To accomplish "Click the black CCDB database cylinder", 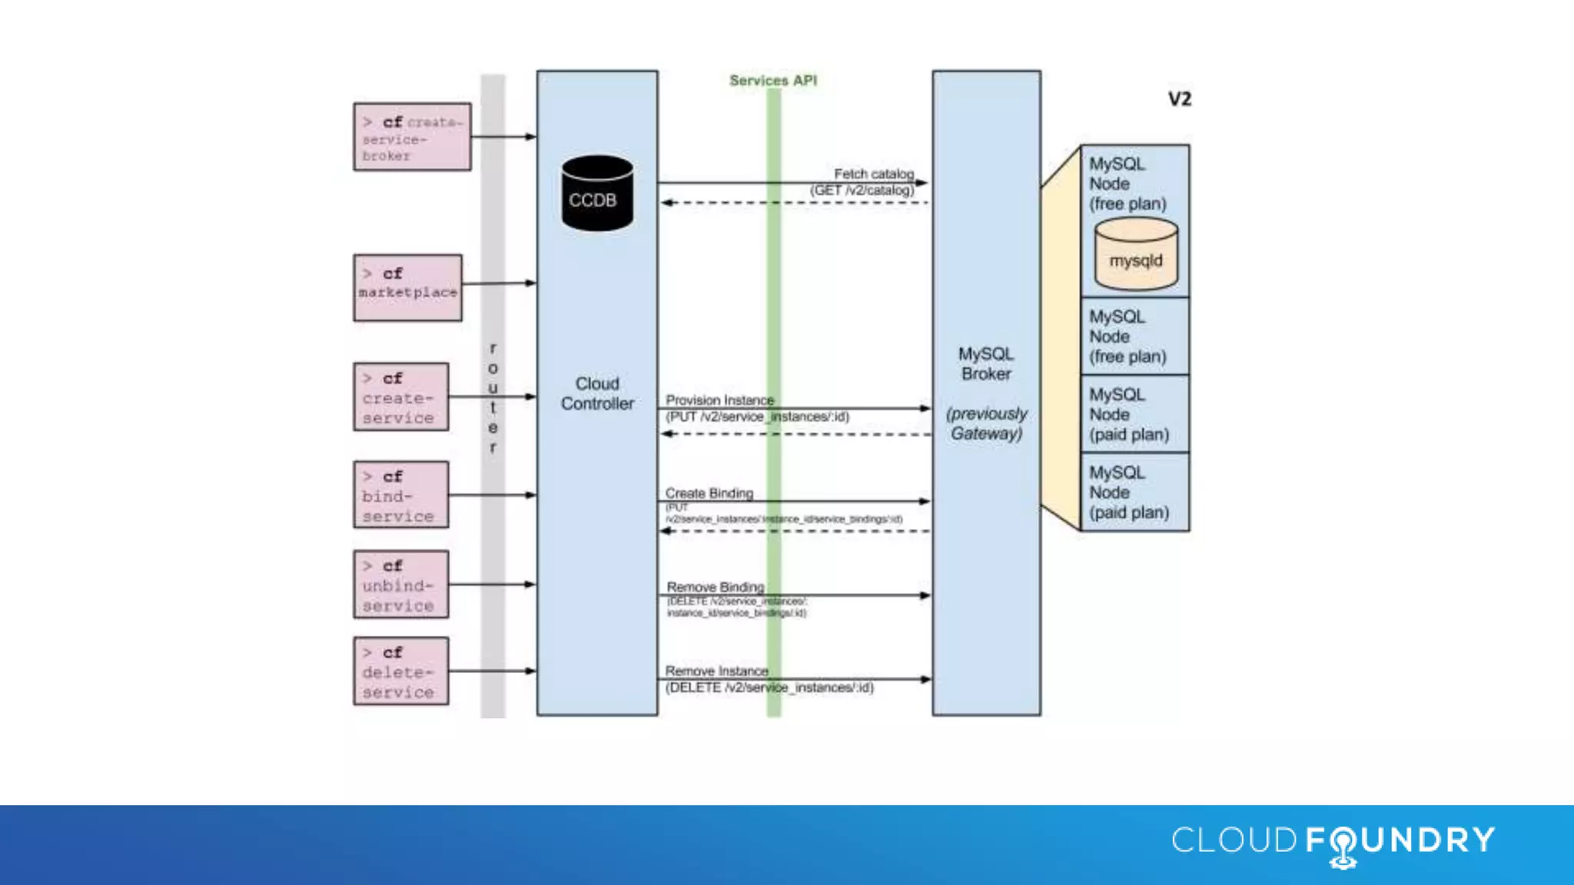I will pos(597,194).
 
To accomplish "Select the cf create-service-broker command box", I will pos(413,137).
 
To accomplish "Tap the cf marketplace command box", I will pos(408,287).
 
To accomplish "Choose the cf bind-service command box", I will pos(401,495).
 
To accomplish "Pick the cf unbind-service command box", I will pos(401,585).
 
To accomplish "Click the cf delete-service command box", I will pos(401,671).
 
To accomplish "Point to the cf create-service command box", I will pos(401,397).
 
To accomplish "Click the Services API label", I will pos(773,81).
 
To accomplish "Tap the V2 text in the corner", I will pos(1179,99).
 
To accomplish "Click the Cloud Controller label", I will pos(597,393).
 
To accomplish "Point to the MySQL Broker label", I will pos(986,364).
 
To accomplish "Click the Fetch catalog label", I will pos(874,174).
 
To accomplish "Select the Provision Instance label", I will pos(719,400).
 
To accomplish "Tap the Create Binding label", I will pos(709,493).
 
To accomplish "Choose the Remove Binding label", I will pos(715,587).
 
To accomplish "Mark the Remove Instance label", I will pos(716,671).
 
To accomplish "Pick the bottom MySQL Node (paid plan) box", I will pos(1135,492).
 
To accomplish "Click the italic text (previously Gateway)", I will pos(987,423).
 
